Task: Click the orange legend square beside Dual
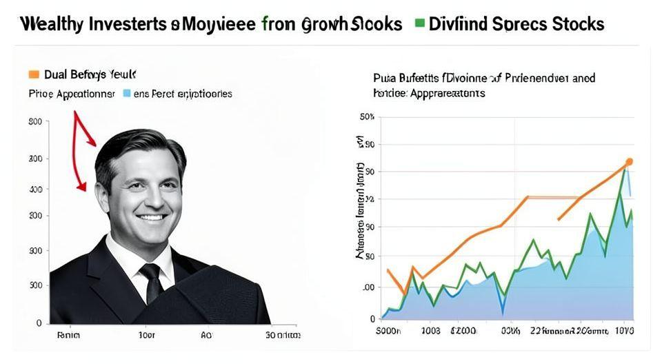click(32, 73)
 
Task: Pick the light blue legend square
click(126, 92)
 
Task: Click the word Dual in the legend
click(55, 74)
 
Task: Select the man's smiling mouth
click(151, 219)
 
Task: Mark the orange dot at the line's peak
click(628, 162)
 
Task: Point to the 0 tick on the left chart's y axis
click(39, 322)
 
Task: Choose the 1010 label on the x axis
click(625, 332)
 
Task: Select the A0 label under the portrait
click(206, 336)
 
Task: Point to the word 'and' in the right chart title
click(583, 79)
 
